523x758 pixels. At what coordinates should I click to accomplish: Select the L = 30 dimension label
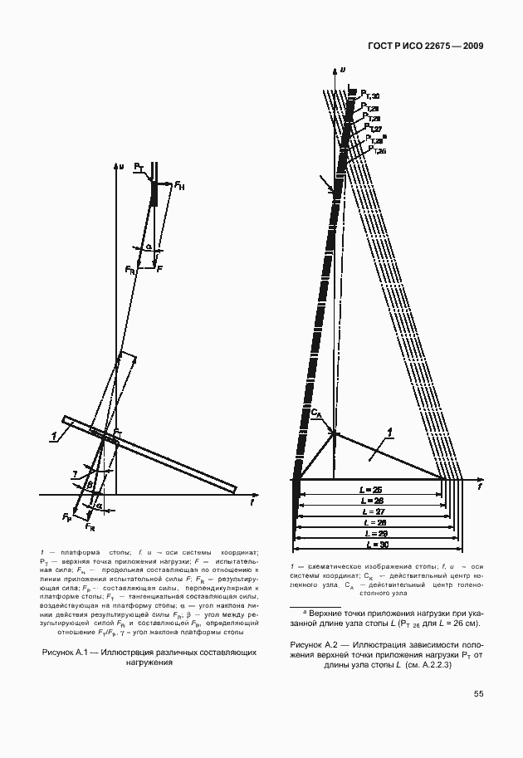click(369, 544)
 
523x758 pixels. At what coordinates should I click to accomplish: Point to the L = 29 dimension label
click(369, 533)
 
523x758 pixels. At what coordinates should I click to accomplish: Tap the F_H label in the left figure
click(179, 186)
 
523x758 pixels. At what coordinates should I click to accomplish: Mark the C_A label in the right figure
click(316, 413)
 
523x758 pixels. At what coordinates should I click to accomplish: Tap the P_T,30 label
click(369, 96)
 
